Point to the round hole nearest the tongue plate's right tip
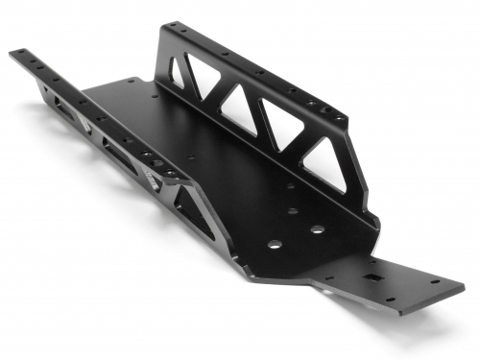[433, 283]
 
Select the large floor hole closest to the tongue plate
[317, 230]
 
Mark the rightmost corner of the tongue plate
[465, 284]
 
